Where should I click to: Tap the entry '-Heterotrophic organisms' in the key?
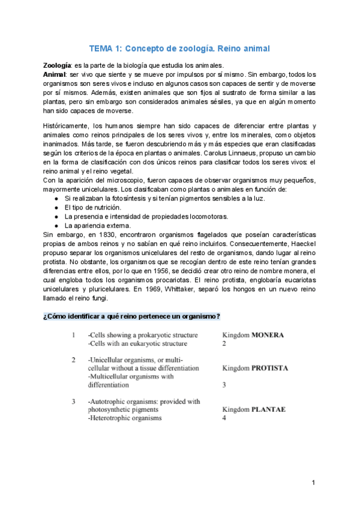[125, 418]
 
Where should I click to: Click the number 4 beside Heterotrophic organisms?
[224, 418]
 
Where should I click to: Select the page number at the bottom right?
[313, 482]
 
